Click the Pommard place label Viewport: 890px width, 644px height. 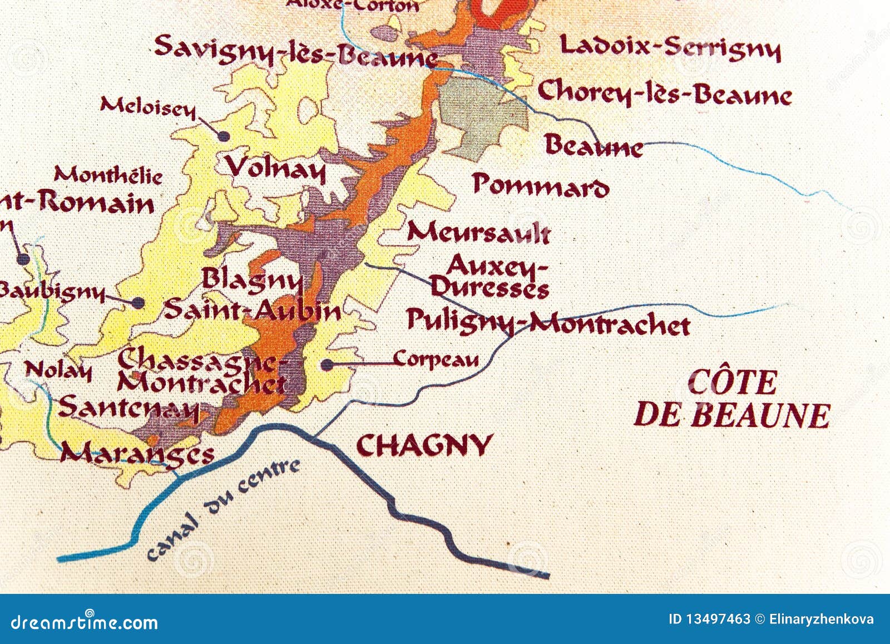coord(540,185)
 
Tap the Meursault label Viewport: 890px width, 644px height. coord(478,233)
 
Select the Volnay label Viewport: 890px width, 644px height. coord(275,168)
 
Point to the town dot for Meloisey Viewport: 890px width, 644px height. coord(224,136)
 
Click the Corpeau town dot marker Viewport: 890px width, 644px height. coord(327,365)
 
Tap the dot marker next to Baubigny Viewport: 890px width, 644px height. coord(138,303)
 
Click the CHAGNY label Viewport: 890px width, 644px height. coord(424,445)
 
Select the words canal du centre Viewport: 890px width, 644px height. coord(222,509)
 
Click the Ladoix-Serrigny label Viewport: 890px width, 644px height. coord(670,47)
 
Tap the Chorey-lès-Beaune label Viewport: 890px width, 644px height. coord(665,94)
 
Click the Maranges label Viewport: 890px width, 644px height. coord(137,454)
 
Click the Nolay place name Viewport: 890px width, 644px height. coord(58,370)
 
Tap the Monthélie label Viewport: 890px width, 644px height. coord(108,176)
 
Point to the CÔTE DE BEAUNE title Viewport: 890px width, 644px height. coord(732,399)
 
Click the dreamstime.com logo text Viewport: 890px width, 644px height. coord(85,622)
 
